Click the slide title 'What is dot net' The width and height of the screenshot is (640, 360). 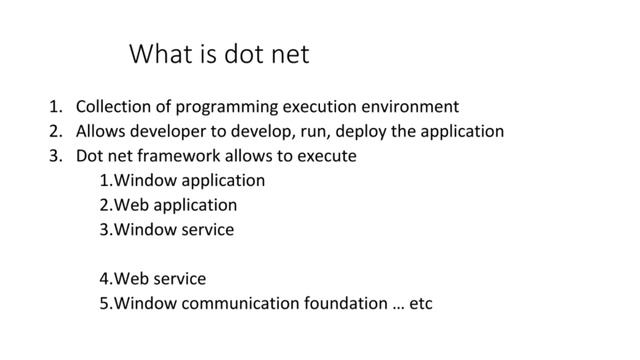219,54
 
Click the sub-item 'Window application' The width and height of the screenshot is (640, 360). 183,181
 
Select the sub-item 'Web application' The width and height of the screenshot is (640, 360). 169,205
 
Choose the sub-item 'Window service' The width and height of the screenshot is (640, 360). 167,229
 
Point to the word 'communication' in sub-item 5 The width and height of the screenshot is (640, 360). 241,302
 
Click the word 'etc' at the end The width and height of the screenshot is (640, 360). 421,302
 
